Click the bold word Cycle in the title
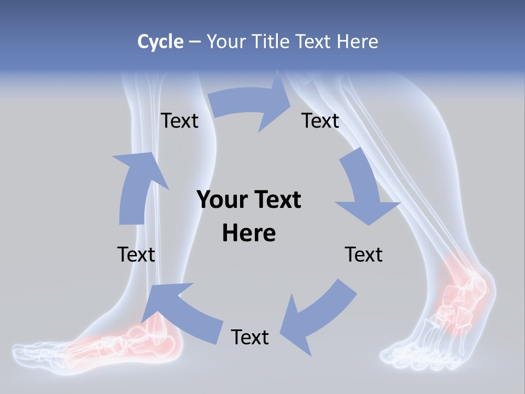click(x=160, y=42)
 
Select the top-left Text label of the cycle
click(x=179, y=120)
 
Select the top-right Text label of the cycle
click(x=320, y=120)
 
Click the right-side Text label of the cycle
click(x=364, y=254)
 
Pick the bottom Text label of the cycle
click(x=250, y=337)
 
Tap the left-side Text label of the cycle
click(x=136, y=254)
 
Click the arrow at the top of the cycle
click(x=249, y=104)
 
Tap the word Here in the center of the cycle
click(x=249, y=233)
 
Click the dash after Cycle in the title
click(x=195, y=42)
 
